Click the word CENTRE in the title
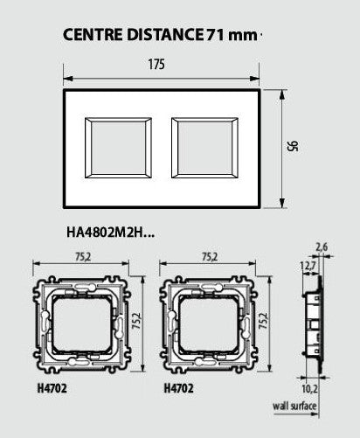point(93,34)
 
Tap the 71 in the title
point(215,34)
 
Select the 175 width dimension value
point(156,65)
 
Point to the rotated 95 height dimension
point(293,146)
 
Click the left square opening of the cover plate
point(118,148)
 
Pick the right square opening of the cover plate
point(204,148)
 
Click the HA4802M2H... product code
point(110,233)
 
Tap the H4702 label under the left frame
point(52,388)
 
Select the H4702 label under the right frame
point(178,388)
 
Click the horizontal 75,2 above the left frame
point(83,257)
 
